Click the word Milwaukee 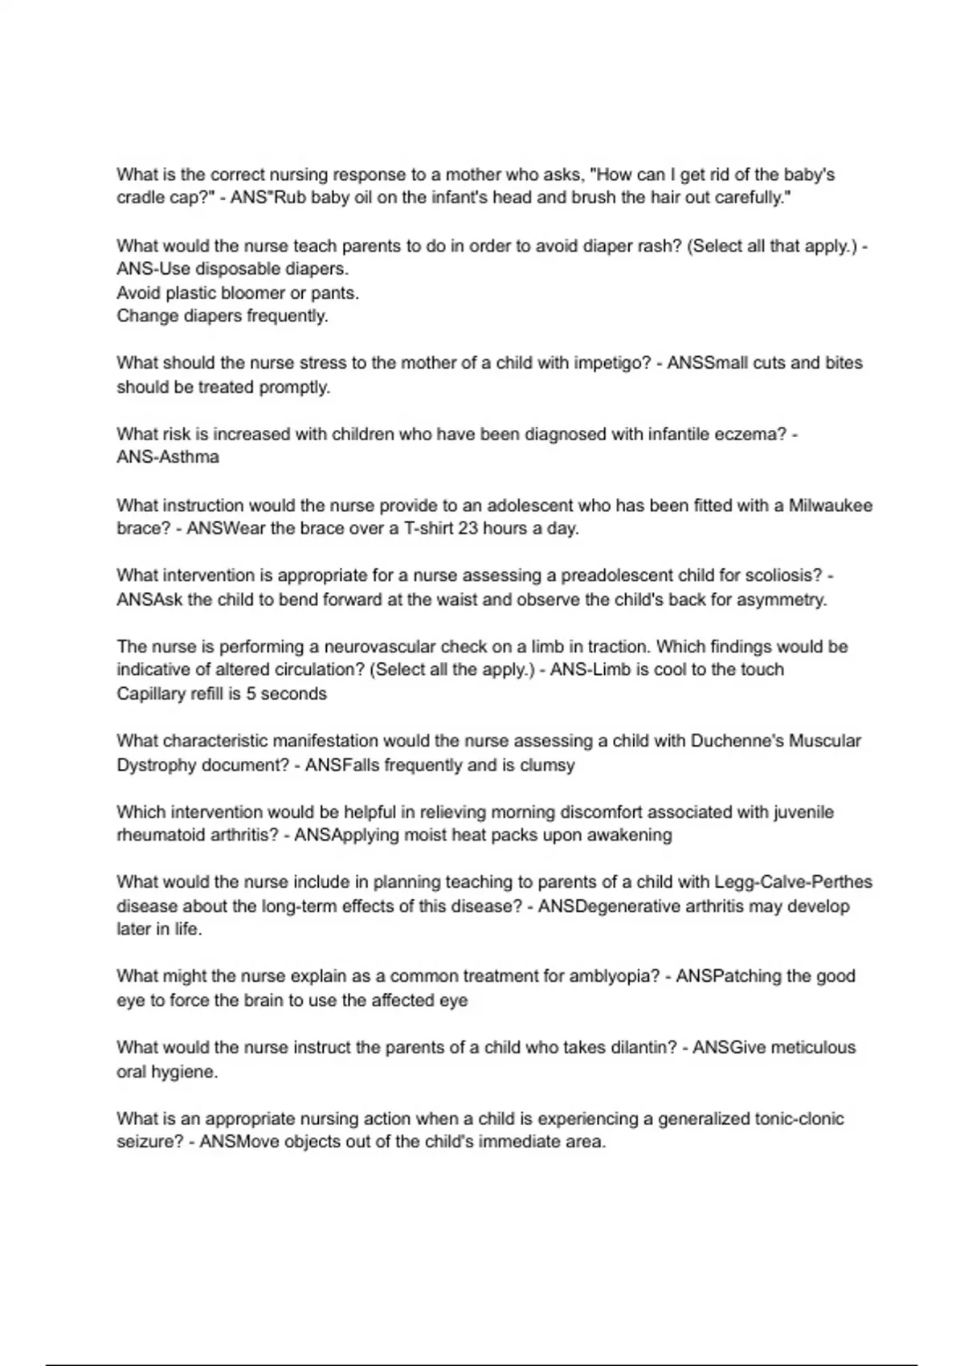831,505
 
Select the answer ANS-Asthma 168,457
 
